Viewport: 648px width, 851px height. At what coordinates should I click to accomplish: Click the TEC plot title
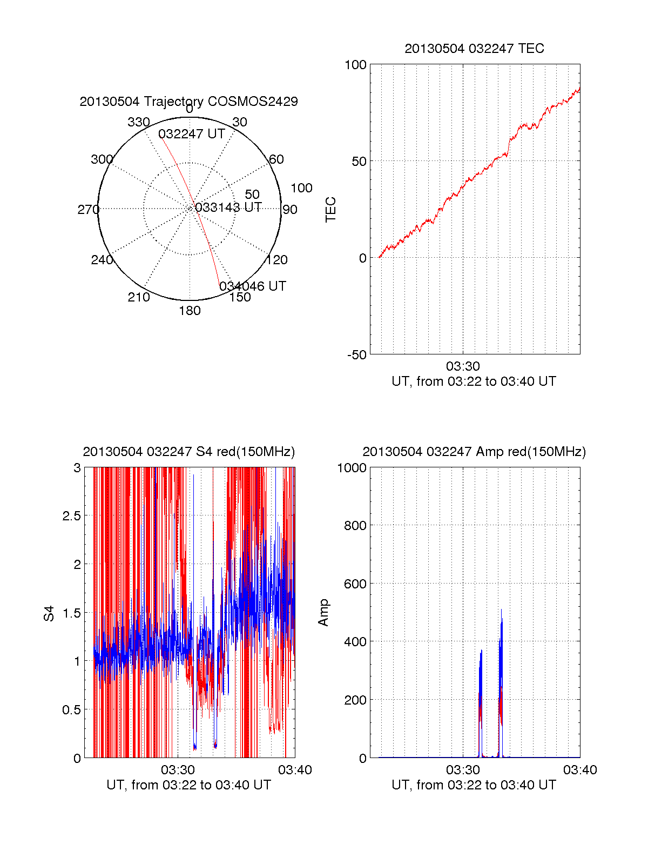click(x=474, y=49)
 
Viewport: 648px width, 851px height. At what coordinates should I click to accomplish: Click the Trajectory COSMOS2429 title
click(x=188, y=102)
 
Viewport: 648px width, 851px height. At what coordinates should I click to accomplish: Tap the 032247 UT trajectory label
click(x=192, y=134)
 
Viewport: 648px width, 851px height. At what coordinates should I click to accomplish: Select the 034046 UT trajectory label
click(x=253, y=286)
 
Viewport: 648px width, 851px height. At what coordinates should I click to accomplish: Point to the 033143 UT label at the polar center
click(x=228, y=207)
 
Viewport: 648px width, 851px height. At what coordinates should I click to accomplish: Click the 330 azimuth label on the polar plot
click(x=138, y=122)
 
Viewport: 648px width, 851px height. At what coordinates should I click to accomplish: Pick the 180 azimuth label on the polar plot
click(x=190, y=311)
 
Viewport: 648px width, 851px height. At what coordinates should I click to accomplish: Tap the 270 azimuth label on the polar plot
click(x=88, y=210)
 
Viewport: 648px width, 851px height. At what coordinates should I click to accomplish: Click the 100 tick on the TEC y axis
click(x=355, y=65)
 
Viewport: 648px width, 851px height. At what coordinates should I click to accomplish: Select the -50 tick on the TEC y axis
click(x=356, y=355)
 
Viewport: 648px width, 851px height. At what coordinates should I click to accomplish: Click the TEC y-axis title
click(x=330, y=210)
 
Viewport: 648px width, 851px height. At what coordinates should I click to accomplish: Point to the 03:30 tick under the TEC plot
click(x=463, y=366)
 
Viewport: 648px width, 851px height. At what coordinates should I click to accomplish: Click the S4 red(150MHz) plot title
click(x=188, y=452)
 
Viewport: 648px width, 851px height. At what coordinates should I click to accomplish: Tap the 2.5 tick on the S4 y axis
click(x=71, y=516)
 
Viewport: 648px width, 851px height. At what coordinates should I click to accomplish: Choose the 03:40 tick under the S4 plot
click(x=295, y=770)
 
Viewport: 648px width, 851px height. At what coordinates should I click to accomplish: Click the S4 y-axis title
click(x=49, y=613)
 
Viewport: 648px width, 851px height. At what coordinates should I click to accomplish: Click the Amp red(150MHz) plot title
click(x=474, y=452)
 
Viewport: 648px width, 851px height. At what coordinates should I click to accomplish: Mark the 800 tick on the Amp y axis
click(x=355, y=525)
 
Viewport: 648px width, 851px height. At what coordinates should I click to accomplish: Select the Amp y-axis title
click(x=323, y=613)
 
